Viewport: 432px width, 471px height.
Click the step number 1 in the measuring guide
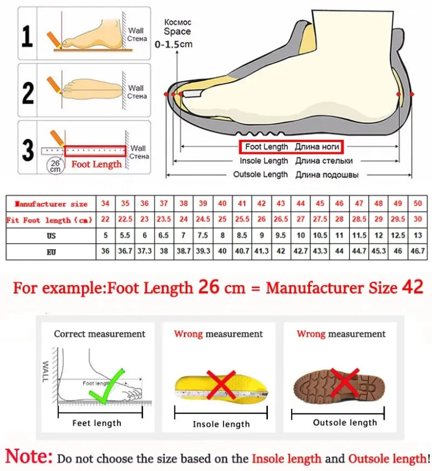tap(28, 36)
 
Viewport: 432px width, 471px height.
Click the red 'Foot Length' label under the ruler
tap(97, 164)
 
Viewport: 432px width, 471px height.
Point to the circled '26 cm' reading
tap(55, 165)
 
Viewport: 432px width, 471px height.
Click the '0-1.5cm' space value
tap(174, 44)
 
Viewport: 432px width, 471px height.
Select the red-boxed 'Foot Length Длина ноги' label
tap(292, 146)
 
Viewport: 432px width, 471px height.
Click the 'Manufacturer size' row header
tap(51, 204)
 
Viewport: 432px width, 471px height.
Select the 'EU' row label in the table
tap(51, 251)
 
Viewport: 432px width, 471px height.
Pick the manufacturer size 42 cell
tap(261, 204)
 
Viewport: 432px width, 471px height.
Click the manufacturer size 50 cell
tap(417, 204)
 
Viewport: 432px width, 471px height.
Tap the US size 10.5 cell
tap(320, 235)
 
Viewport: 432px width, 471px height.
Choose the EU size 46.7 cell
tap(417, 251)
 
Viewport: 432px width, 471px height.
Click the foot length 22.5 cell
tap(125, 219)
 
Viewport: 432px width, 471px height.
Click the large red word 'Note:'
tap(29, 456)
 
